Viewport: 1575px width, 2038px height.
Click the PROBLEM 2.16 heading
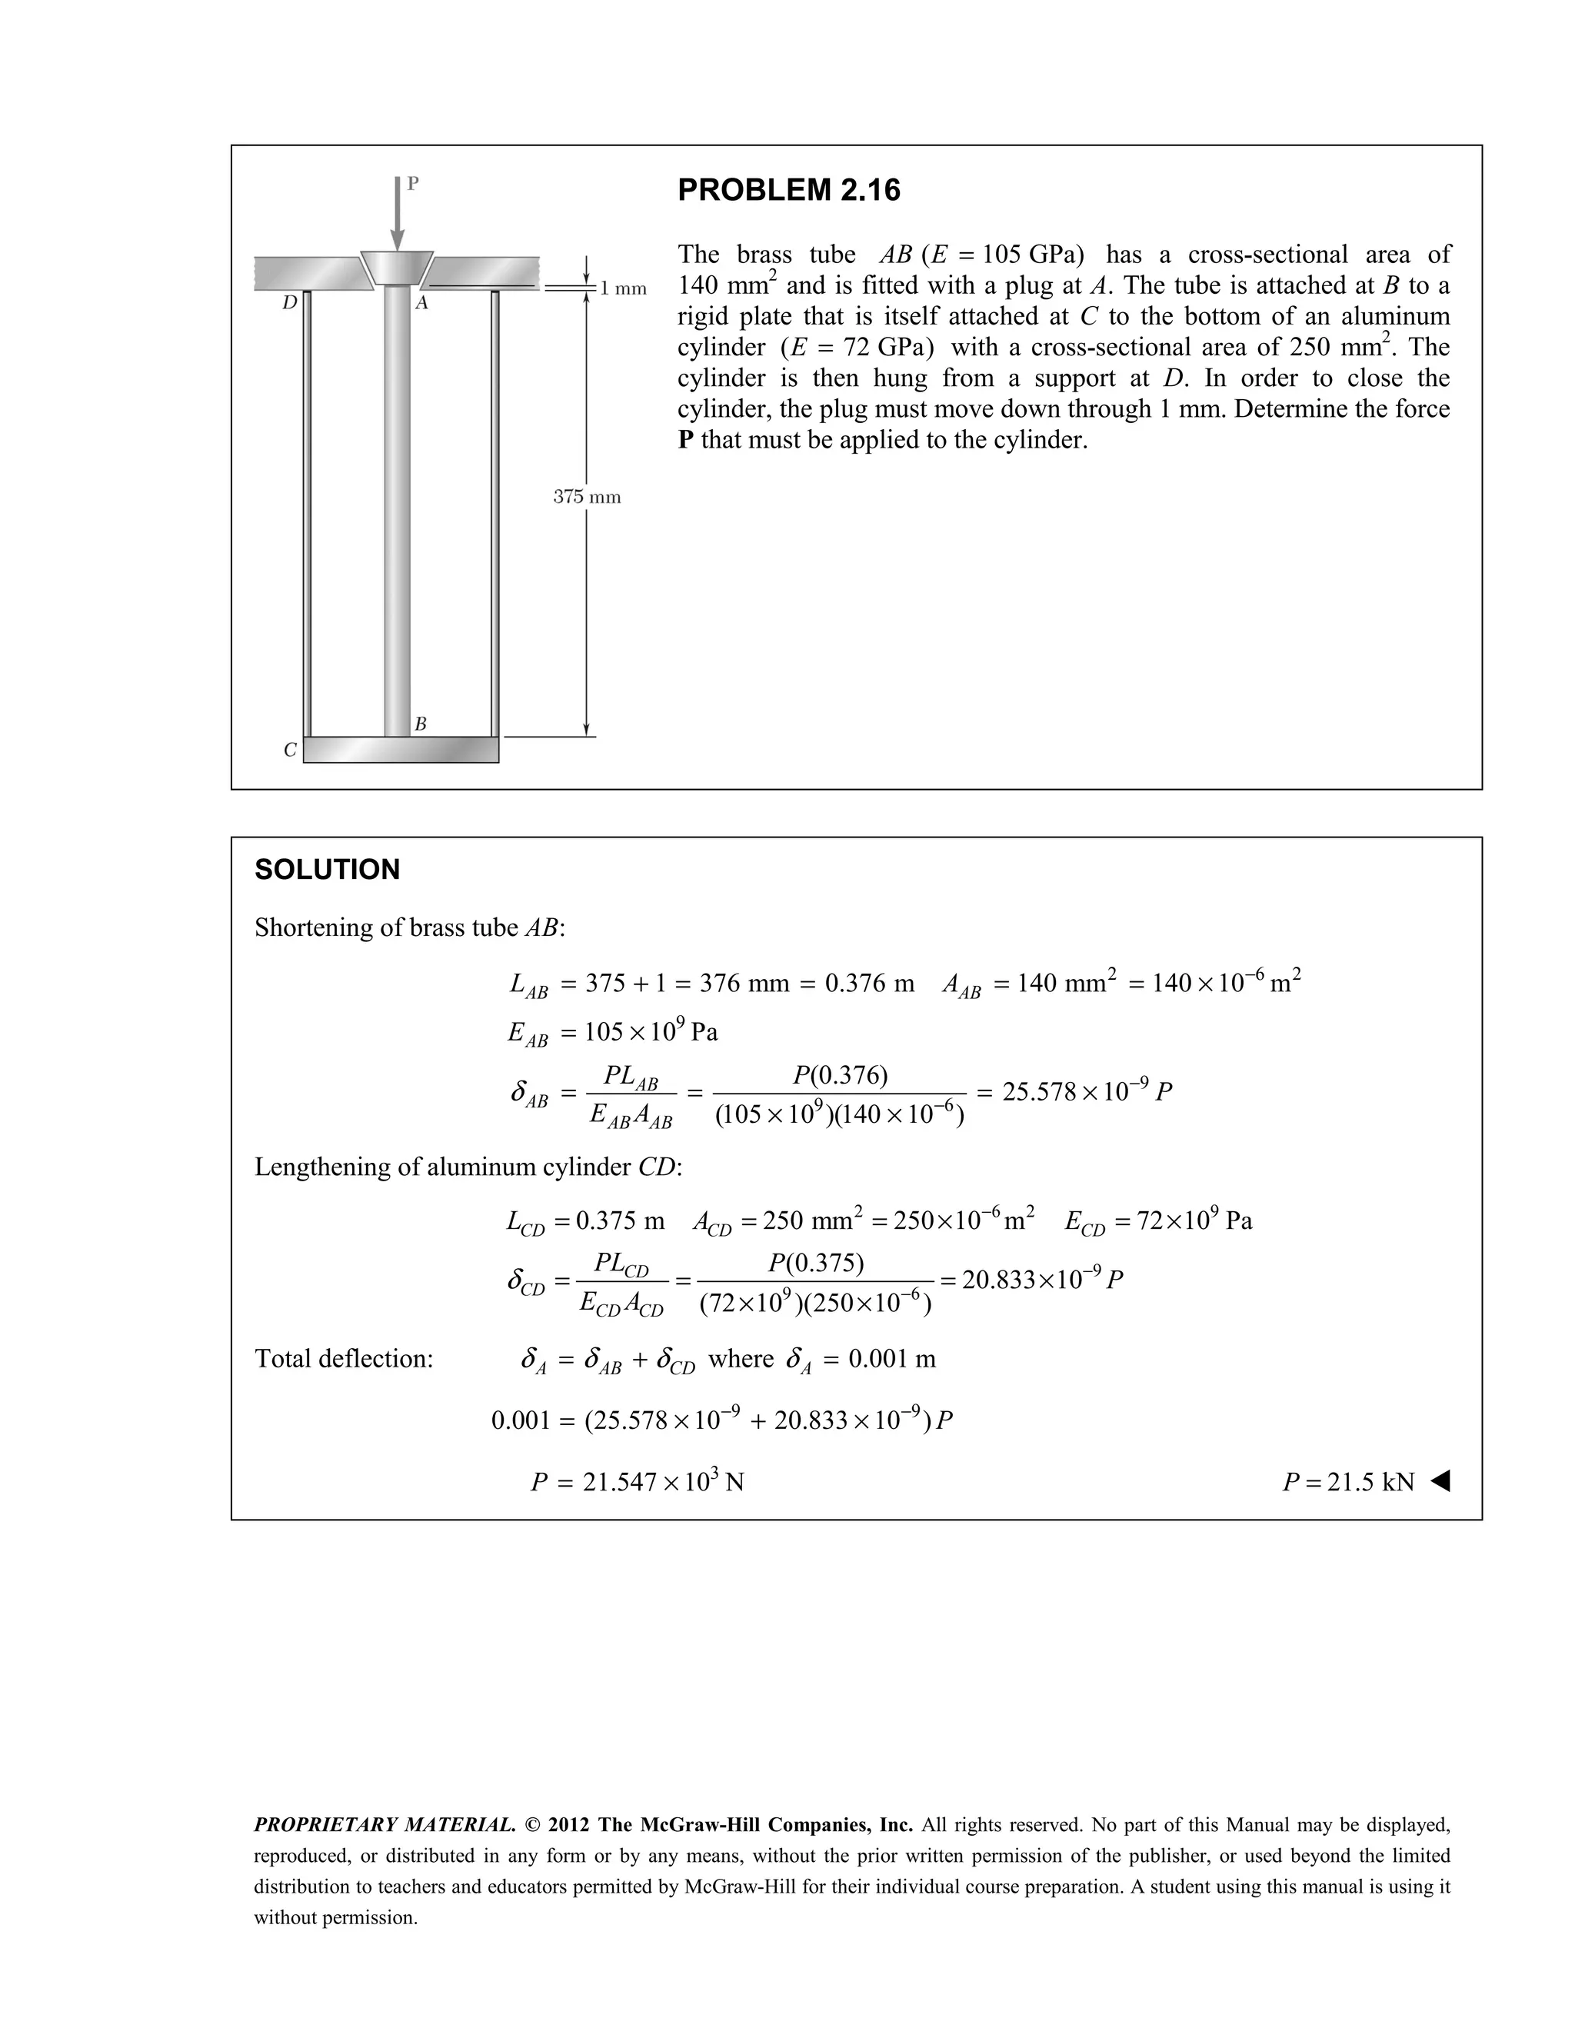click(788, 191)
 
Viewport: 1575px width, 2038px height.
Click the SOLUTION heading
click(327, 870)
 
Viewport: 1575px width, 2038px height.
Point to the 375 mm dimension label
click(587, 497)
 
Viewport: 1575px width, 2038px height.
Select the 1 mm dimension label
click(622, 288)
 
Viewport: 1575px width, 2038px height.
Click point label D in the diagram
click(290, 303)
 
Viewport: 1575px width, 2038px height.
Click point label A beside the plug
click(421, 303)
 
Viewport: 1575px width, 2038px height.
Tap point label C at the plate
click(290, 749)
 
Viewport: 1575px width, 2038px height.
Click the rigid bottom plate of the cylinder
click(401, 749)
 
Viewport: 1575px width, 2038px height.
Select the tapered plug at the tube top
click(398, 267)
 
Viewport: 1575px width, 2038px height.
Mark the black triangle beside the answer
click(1440, 1481)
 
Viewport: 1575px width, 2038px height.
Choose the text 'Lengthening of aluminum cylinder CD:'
click(468, 1167)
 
